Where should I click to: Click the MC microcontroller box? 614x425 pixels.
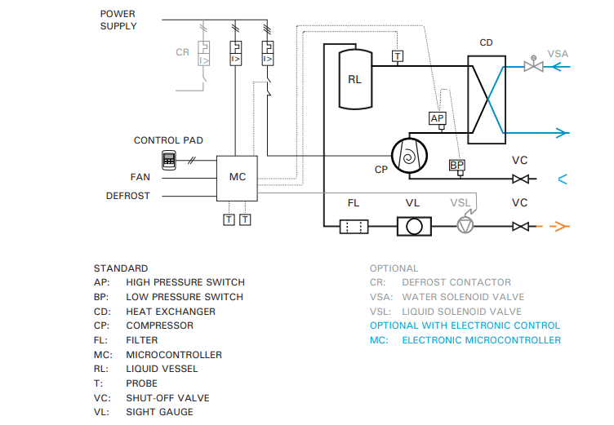(237, 177)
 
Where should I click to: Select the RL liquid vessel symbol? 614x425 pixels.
(354, 78)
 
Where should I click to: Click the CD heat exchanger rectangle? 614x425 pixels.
(486, 94)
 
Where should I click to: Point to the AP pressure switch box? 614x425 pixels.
(438, 119)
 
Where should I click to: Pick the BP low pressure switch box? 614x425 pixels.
(456, 166)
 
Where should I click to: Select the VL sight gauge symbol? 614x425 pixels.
(414, 226)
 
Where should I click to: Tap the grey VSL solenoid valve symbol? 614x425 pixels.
(465, 226)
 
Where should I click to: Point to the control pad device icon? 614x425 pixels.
(170, 160)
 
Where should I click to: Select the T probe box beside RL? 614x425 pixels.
(397, 56)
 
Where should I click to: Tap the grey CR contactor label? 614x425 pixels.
(182, 53)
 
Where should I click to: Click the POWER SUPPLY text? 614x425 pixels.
(118, 20)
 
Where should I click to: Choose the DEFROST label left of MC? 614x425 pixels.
(127, 196)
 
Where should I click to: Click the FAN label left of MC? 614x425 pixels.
(140, 177)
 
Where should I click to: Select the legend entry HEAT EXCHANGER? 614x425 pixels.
(171, 312)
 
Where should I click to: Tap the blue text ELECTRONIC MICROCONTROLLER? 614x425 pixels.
(481, 340)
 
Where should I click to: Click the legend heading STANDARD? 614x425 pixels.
(121, 268)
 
